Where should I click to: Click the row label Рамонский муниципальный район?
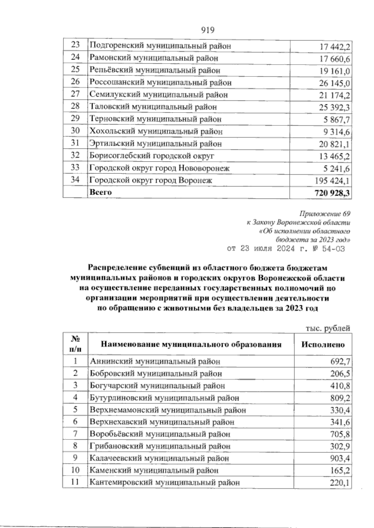point(154,58)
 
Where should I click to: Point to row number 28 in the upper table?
point(75,106)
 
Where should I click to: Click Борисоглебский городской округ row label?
point(152,155)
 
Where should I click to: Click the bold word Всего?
point(100,192)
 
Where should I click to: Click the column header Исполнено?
point(323,345)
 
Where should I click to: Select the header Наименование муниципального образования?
point(191,345)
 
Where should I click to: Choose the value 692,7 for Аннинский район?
point(340,361)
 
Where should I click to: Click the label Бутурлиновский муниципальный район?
point(164,398)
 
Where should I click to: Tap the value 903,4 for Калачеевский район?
point(340,458)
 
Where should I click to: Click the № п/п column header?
point(75,344)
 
